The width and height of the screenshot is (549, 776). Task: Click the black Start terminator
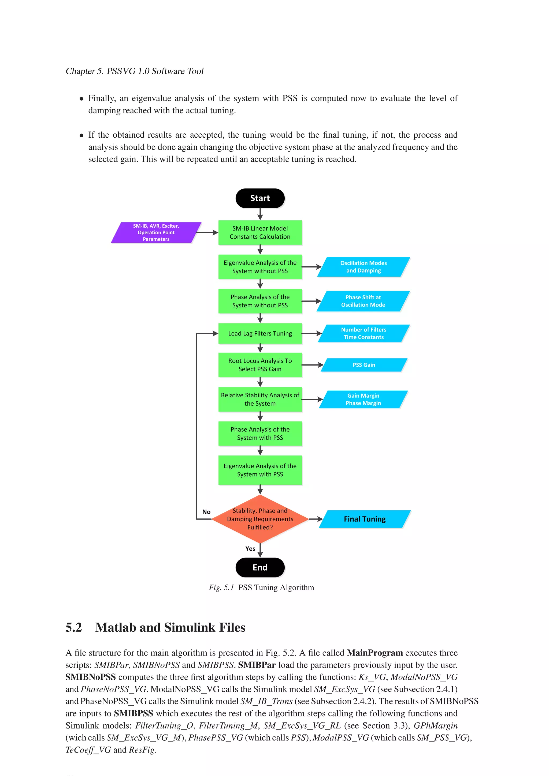[x=260, y=198]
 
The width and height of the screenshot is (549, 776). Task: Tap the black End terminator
[x=260, y=567]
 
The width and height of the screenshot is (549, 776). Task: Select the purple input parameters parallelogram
[x=156, y=232]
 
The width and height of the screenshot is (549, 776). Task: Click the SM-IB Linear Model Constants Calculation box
[x=260, y=232]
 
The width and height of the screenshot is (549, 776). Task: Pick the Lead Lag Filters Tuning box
[x=260, y=333]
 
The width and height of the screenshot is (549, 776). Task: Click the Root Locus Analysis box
[x=260, y=365]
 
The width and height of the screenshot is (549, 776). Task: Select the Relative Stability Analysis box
[x=260, y=399]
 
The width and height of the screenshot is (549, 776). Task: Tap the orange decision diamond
[x=260, y=519]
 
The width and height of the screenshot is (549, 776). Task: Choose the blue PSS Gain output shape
[x=364, y=365]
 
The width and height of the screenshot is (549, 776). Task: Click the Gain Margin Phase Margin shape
[x=363, y=399]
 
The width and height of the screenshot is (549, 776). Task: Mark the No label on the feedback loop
[x=206, y=512]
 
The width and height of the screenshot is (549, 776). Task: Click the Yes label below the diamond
[x=250, y=549]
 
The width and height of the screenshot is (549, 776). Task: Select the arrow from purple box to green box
[x=207, y=232]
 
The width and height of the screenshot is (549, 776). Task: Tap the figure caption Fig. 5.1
[x=222, y=587]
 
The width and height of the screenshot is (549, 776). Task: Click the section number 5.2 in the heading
[x=74, y=628]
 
